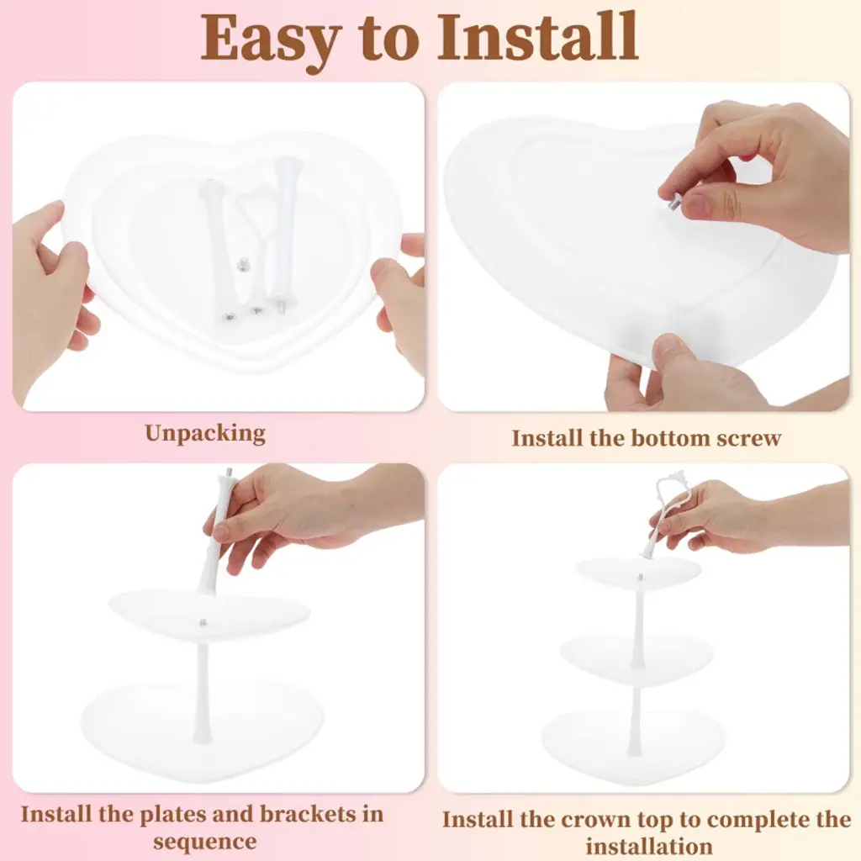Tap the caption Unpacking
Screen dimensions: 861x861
tap(205, 434)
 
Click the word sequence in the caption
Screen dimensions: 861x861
tap(205, 842)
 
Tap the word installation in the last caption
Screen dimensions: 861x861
tap(648, 846)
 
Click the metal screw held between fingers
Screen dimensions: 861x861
tap(672, 201)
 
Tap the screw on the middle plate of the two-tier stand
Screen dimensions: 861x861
tap(203, 622)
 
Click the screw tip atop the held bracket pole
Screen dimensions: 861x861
tap(228, 472)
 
